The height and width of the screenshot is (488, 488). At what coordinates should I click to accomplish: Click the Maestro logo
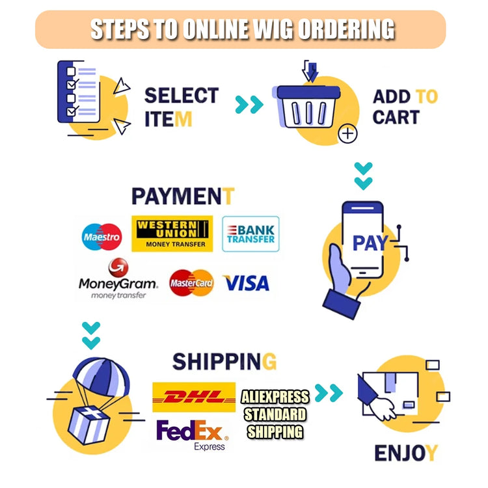point(102,237)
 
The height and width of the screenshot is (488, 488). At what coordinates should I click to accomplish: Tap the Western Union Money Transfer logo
point(172,234)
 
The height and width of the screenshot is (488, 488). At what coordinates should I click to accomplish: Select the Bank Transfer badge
point(251,234)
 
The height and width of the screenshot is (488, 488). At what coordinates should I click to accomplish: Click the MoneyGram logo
point(118,278)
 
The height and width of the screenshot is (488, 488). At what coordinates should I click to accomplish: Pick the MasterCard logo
point(191,282)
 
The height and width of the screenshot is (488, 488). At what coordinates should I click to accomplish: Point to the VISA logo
point(246,283)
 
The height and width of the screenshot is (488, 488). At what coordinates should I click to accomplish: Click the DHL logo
point(194,397)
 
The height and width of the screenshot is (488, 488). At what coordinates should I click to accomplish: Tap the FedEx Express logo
point(193,435)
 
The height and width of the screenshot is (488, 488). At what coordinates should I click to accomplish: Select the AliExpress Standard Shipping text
point(275,414)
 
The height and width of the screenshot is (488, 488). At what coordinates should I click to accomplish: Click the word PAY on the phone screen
point(370,243)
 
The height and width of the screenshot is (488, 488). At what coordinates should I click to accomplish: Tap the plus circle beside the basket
point(347,134)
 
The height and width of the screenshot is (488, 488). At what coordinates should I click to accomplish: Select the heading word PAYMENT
point(183,196)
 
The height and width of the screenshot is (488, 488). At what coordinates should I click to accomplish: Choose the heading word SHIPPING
point(224,362)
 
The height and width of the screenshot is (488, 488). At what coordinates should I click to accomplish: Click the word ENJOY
point(406,453)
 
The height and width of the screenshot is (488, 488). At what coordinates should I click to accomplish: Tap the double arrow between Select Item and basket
point(249,105)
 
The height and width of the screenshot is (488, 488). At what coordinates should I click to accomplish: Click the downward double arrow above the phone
point(364,176)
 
